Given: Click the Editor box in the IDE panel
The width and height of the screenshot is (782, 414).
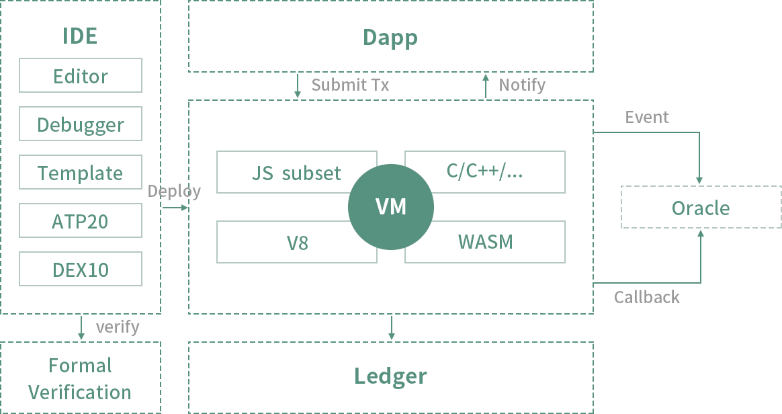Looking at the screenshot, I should pyautogui.click(x=81, y=76).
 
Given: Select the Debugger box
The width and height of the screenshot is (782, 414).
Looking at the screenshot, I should pyautogui.click(x=81, y=124).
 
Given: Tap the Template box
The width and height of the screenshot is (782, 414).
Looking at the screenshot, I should pyautogui.click(x=81, y=173).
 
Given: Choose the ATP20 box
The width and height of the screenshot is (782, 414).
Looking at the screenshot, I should pyautogui.click(x=81, y=221).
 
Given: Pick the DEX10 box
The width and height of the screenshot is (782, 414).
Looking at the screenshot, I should pyautogui.click(x=81, y=270).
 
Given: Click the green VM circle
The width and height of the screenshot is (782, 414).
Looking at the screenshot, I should pyautogui.click(x=391, y=206).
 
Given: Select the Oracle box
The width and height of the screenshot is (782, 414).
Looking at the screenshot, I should pyautogui.click(x=701, y=208).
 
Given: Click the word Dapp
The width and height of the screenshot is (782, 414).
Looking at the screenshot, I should pyautogui.click(x=390, y=37).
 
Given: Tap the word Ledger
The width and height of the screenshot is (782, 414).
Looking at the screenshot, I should pyautogui.click(x=390, y=376).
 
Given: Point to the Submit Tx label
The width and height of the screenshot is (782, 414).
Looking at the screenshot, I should pyautogui.click(x=350, y=85).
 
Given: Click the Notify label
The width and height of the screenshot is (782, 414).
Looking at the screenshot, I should pyautogui.click(x=522, y=85).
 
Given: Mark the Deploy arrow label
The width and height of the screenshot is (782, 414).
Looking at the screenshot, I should pyautogui.click(x=174, y=192).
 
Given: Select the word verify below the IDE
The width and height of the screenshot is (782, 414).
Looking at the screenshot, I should pyautogui.click(x=118, y=327).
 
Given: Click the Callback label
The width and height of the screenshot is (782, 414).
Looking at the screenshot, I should pyautogui.click(x=647, y=297).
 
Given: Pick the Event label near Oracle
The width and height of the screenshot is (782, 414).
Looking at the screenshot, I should pyautogui.click(x=647, y=118).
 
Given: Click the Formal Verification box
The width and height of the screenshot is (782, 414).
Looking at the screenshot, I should pyautogui.click(x=81, y=378).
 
